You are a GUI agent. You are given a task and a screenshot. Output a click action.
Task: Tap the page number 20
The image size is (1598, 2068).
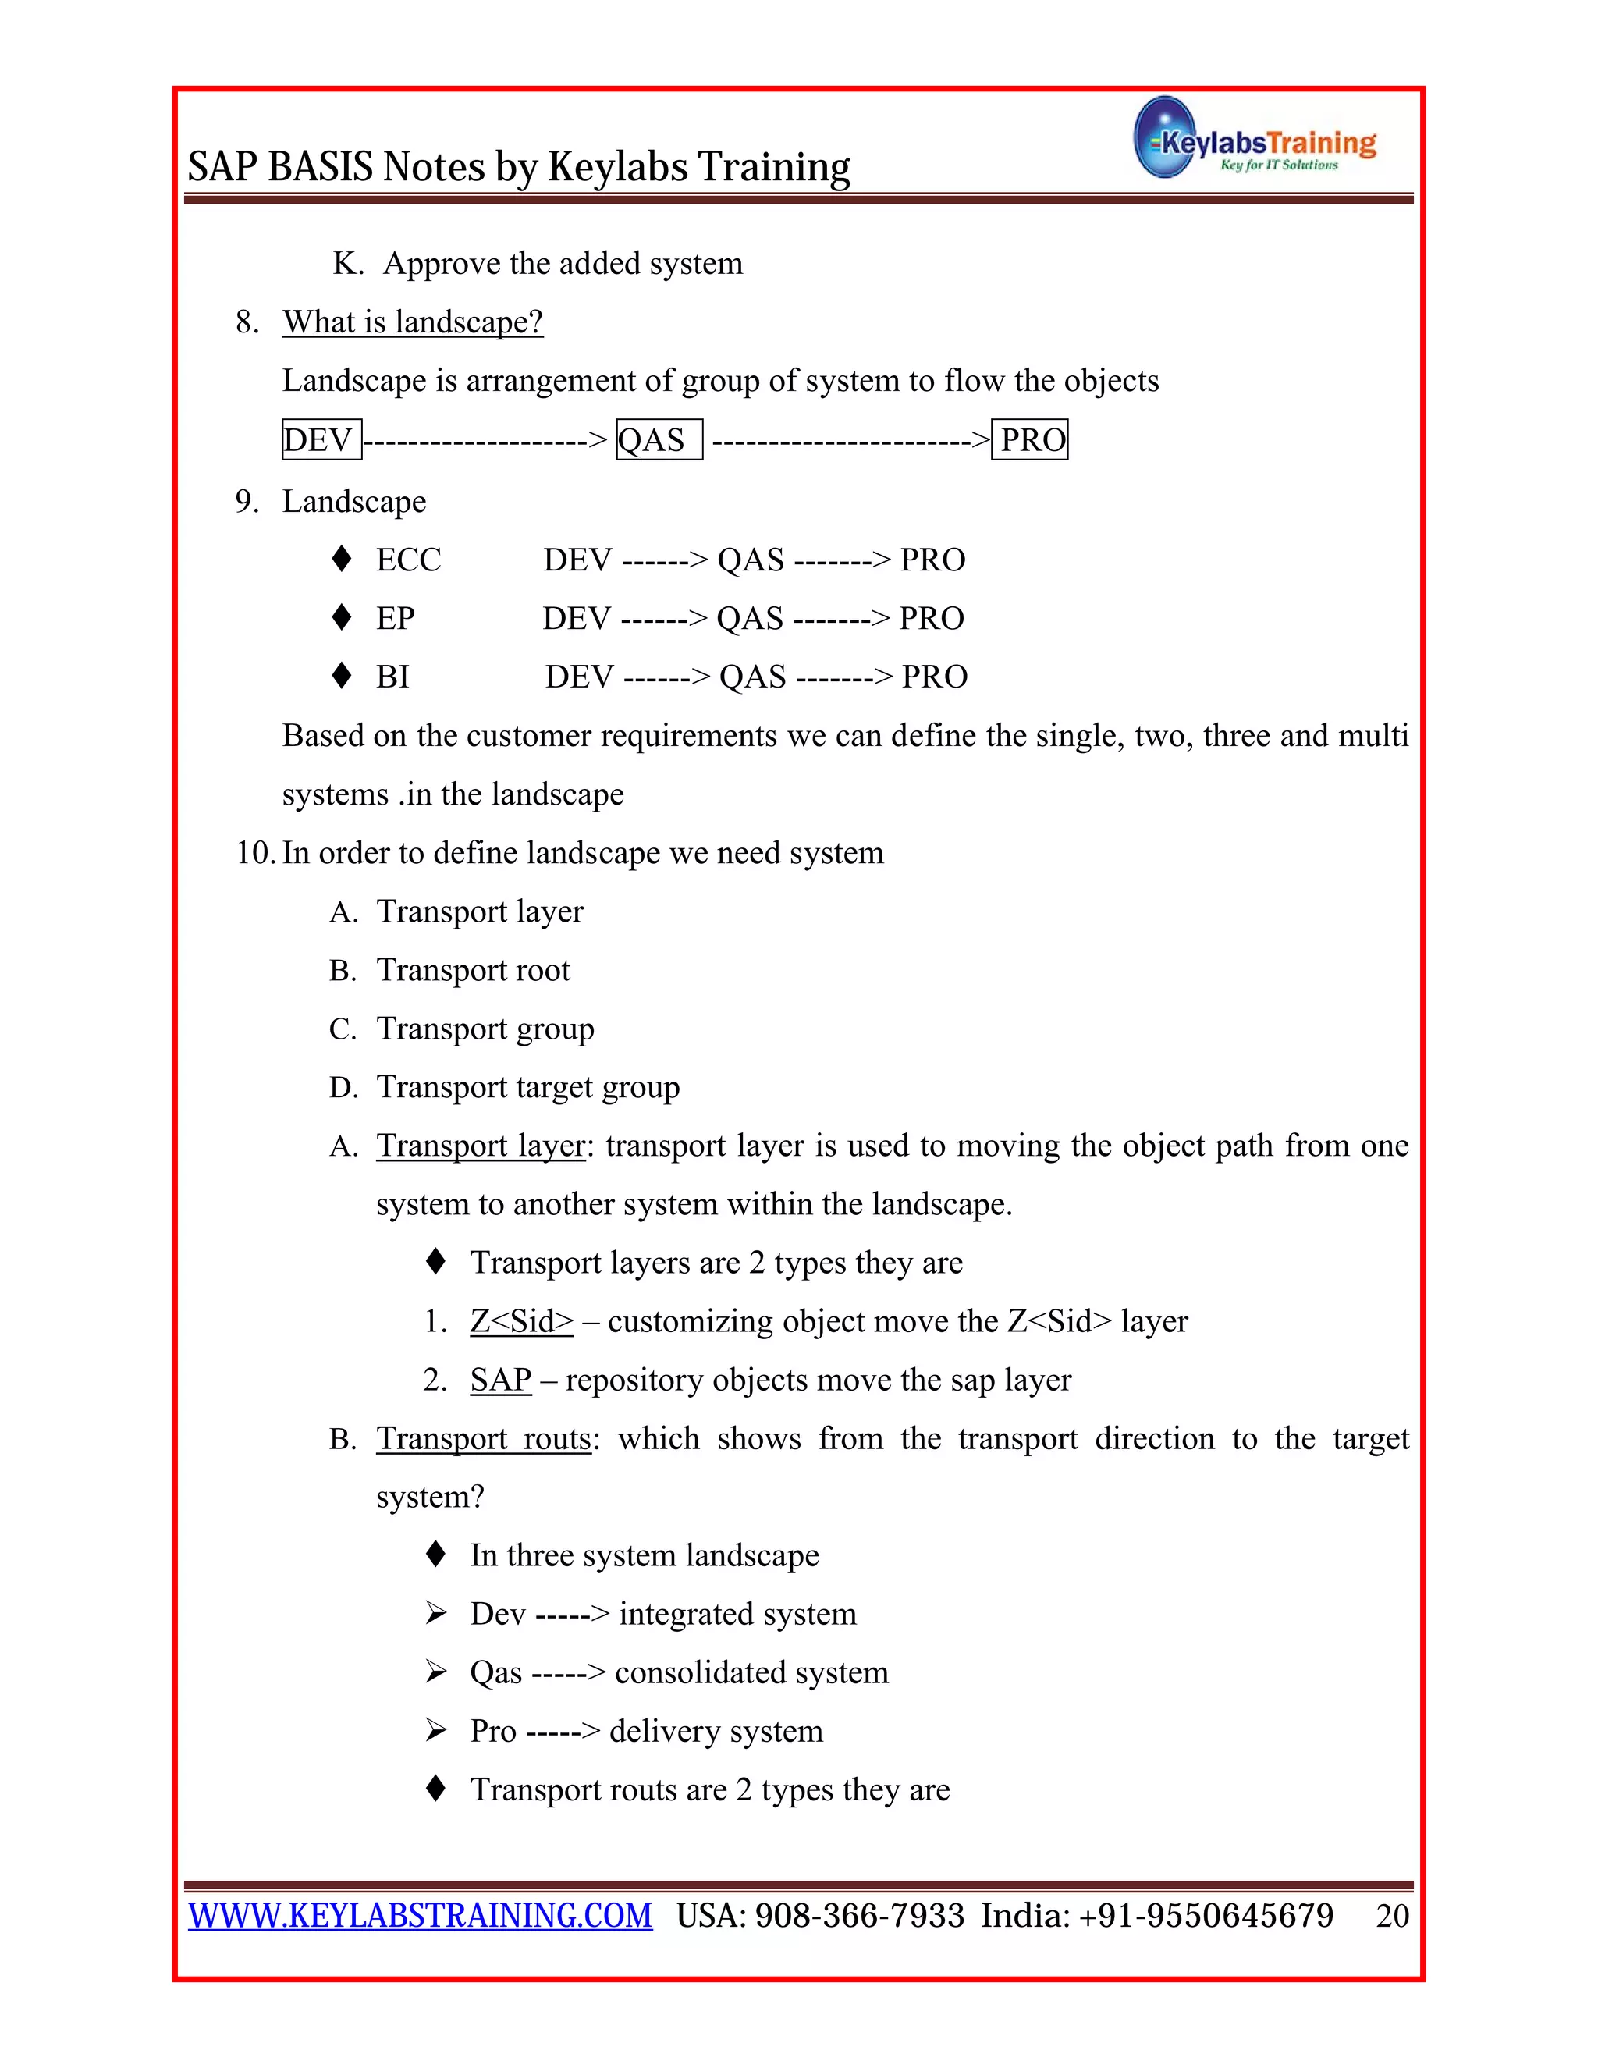1392,1916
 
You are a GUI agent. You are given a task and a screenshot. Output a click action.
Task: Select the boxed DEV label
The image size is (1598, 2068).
321,439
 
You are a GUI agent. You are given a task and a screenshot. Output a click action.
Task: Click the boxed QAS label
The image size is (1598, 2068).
658,439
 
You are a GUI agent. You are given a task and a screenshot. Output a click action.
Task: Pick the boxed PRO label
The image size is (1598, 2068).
1030,439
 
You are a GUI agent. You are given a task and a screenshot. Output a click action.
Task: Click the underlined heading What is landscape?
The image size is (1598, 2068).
413,322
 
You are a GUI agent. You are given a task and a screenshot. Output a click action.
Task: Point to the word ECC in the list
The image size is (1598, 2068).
408,560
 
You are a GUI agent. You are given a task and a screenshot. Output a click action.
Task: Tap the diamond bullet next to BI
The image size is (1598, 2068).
342,675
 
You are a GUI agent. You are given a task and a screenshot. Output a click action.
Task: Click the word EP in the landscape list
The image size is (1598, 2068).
395,618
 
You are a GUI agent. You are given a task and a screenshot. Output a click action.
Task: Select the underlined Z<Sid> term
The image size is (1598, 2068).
522,1321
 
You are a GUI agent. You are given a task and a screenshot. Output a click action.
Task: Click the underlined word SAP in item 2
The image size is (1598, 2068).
500,1380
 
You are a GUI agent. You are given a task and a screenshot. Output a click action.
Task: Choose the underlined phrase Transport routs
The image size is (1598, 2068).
484,1438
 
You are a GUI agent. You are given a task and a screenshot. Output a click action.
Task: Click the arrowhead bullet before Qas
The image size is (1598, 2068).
435,1672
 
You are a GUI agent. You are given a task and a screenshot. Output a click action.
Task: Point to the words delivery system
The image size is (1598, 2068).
716,1731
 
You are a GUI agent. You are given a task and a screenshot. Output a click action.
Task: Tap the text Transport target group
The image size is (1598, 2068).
527,1087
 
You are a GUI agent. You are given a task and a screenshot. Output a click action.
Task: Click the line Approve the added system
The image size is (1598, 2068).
563,263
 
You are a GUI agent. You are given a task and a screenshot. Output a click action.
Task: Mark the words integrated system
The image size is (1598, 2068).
737,1614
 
